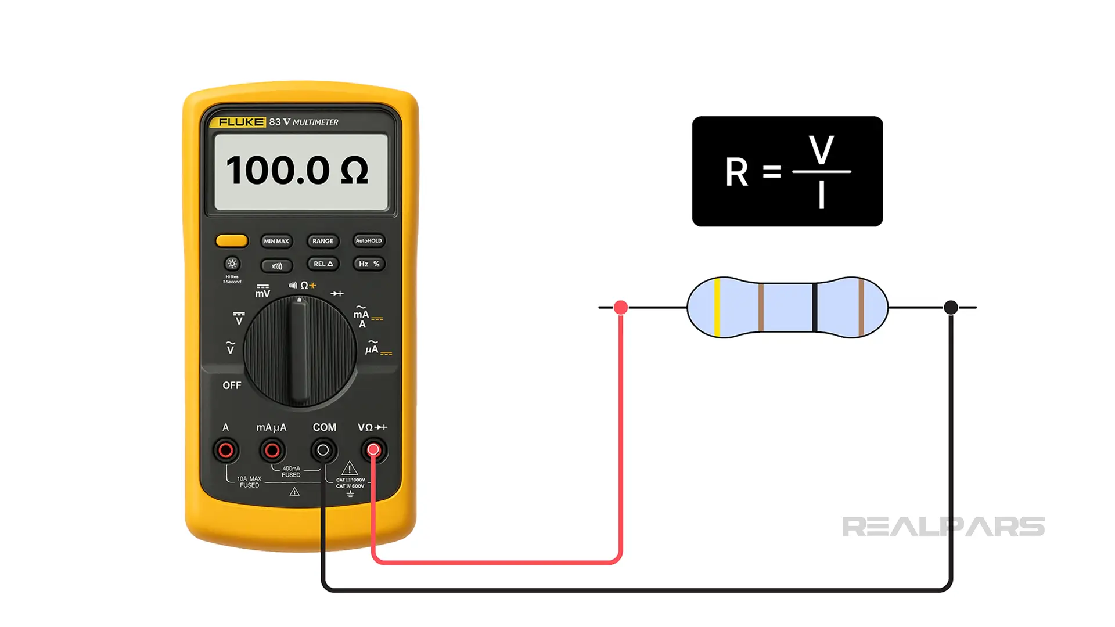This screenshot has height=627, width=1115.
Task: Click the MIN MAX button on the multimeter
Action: click(x=276, y=241)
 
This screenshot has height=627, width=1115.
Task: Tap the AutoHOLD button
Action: click(x=369, y=240)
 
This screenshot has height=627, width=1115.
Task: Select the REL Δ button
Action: click(x=323, y=264)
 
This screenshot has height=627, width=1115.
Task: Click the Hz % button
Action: click(x=369, y=264)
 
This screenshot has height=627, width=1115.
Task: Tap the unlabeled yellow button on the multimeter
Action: click(x=232, y=240)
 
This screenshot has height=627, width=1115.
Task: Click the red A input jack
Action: click(x=226, y=450)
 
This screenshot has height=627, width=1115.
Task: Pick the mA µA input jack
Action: click(x=272, y=450)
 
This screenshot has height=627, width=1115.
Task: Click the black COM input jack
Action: click(x=323, y=450)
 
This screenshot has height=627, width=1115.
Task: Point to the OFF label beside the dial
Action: click(x=232, y=385)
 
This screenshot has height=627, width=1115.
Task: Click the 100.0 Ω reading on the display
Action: click(x=297, y=171)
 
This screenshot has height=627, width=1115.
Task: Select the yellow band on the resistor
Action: click(x=717, y=307)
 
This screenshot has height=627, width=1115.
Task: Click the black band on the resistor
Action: click(x=815, y=307)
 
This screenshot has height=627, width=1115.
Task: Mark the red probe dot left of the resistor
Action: click(x=620, y=307)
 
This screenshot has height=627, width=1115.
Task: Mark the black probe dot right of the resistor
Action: click(x=951, y=307)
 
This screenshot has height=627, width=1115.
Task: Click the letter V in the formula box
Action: click(x=821, y=150)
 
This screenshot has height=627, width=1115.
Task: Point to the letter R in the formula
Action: click(x=736, y=172)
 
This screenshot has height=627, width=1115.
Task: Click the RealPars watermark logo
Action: click(x=943, y=527)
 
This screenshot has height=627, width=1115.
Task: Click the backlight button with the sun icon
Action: click(x=232, y=264)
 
